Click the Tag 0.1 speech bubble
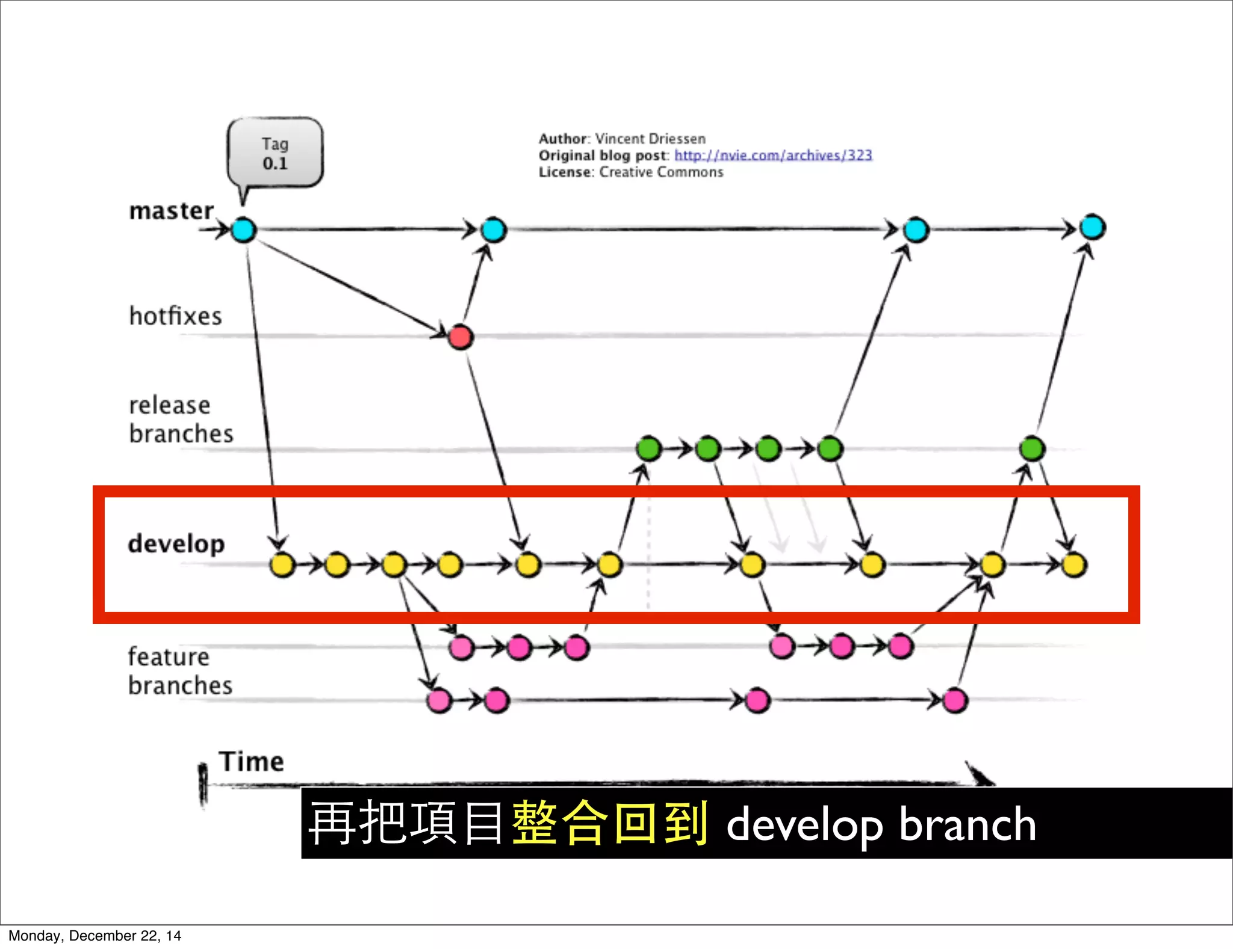coord(275,154)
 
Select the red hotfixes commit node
coord(461,337)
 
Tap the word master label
coord(172,211)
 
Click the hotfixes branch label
coord(176,317)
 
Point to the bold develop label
coord(176,544)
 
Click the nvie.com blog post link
coord(773,155)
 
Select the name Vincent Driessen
coord(650,139)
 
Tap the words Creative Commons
coord(661,172)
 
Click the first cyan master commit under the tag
coord(244,230)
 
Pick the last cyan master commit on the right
coord(1092,228)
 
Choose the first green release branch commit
coord(648,449)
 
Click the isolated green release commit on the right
coord(1032,449)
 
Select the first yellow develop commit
coord(282,565)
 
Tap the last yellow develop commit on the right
coord(1073,565)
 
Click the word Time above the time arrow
coord(251,762)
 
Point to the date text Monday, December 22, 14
coord(95,936)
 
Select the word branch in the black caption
coord(967,824)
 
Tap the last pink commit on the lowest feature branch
coord(955,700)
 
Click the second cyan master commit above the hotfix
coord(494,230)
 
